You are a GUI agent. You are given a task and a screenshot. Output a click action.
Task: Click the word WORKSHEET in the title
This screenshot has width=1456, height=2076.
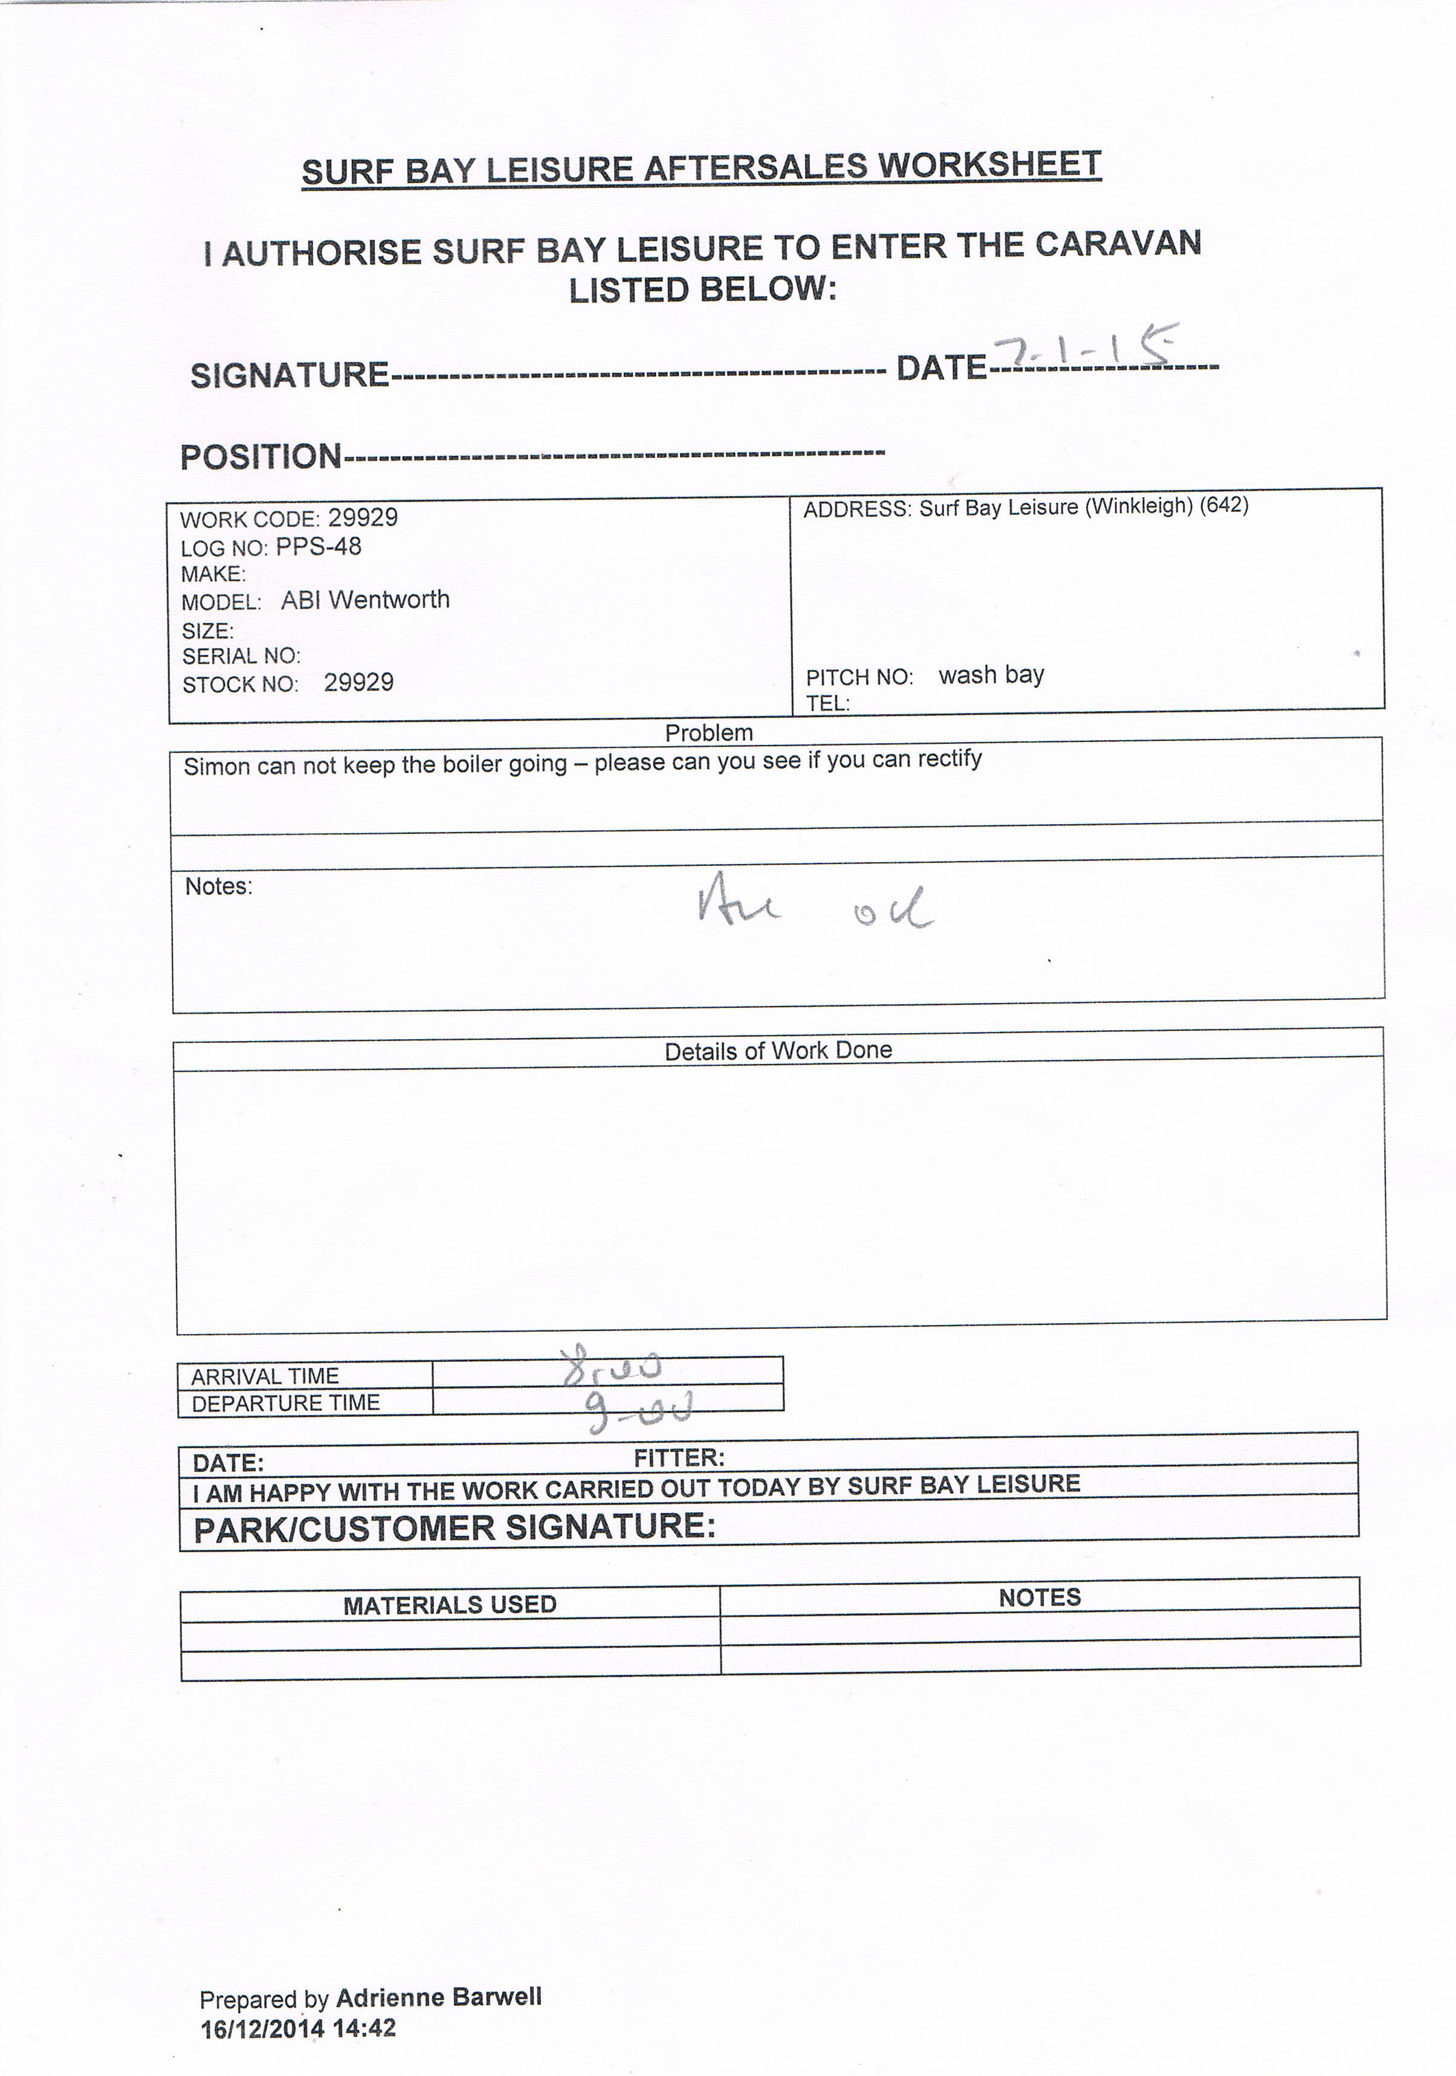(989, 166)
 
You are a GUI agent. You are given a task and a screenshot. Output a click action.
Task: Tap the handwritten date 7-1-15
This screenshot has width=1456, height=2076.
(1084, 347)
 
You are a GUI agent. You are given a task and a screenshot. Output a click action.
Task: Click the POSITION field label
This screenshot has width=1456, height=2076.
(260, 457)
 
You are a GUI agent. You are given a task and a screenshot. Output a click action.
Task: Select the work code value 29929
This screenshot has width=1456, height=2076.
(363, 518)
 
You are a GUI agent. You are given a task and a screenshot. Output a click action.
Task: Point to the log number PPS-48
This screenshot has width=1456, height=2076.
(319, 547)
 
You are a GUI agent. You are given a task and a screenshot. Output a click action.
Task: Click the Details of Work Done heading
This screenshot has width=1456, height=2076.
(778, 1049)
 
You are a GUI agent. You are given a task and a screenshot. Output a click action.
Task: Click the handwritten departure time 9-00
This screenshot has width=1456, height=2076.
(638, 1411)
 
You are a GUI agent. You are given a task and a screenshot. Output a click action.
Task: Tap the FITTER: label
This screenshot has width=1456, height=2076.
(678, 1457)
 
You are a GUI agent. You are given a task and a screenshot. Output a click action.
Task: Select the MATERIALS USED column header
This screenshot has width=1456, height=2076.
(450, 1604)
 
